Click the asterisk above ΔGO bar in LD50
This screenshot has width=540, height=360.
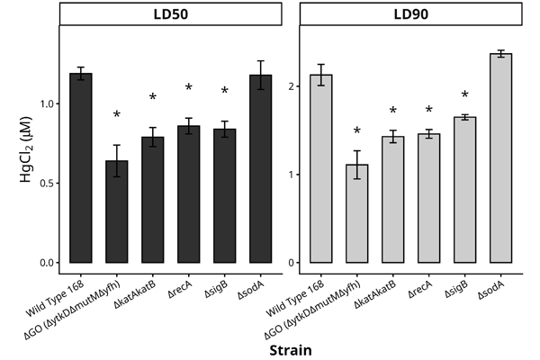click(x=117, y=116)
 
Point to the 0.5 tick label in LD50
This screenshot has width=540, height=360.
click(x=44, y=184)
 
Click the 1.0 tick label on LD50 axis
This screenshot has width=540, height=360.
click(x=44, y=104)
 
